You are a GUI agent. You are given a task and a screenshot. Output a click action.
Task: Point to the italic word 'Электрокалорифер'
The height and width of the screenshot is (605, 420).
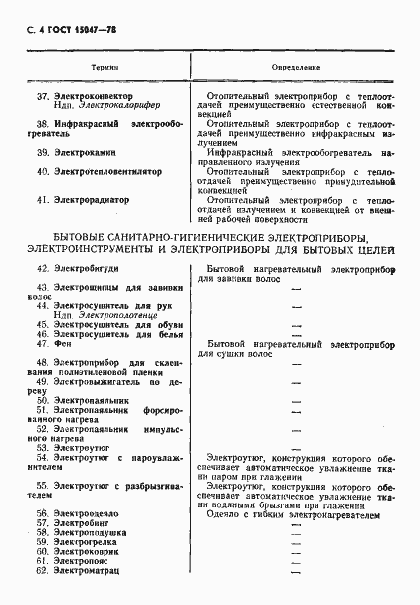(x=112, y=107)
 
